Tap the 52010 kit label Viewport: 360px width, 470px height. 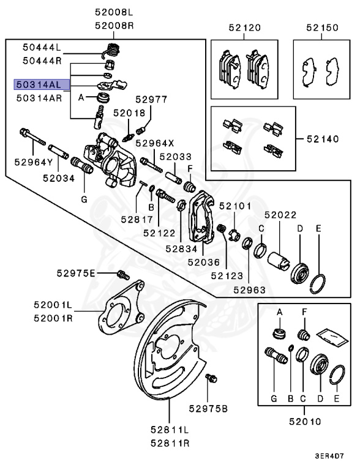pos(298,422)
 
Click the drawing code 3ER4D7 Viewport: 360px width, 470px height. pos(329,456)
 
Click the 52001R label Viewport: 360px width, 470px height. pos(53,318)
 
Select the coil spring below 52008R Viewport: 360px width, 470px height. pos(112,49)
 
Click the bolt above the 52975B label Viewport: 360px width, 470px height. pos(211,379)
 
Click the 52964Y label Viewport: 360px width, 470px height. pos(31,163)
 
